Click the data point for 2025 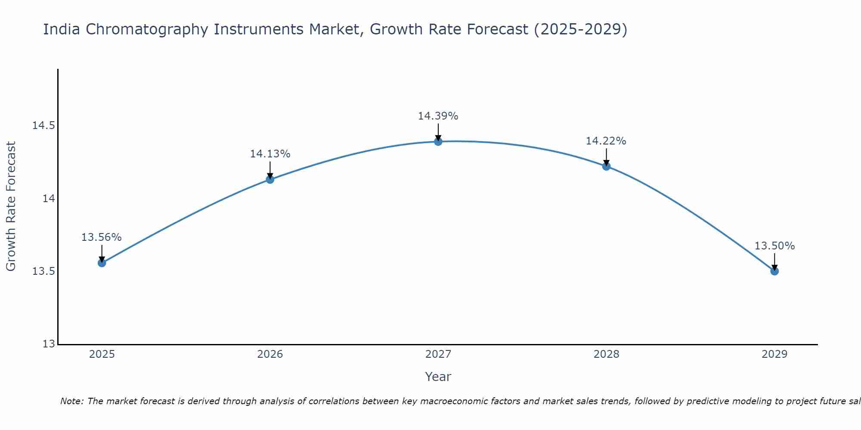[102, 263]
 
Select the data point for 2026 [270, 179]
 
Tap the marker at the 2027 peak [438, 141]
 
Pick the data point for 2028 [606, 166]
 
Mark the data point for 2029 [774, 271]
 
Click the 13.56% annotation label [102, 237]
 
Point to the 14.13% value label [270, 154]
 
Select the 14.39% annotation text [438, 116]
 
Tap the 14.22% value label [606, 141]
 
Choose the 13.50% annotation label [774, 246]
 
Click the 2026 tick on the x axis [270, 354]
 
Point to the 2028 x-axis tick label [606, 354]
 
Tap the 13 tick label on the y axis [49, 344]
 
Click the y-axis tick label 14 [49, 199]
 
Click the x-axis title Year [438, 377]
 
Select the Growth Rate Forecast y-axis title [11, 206]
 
